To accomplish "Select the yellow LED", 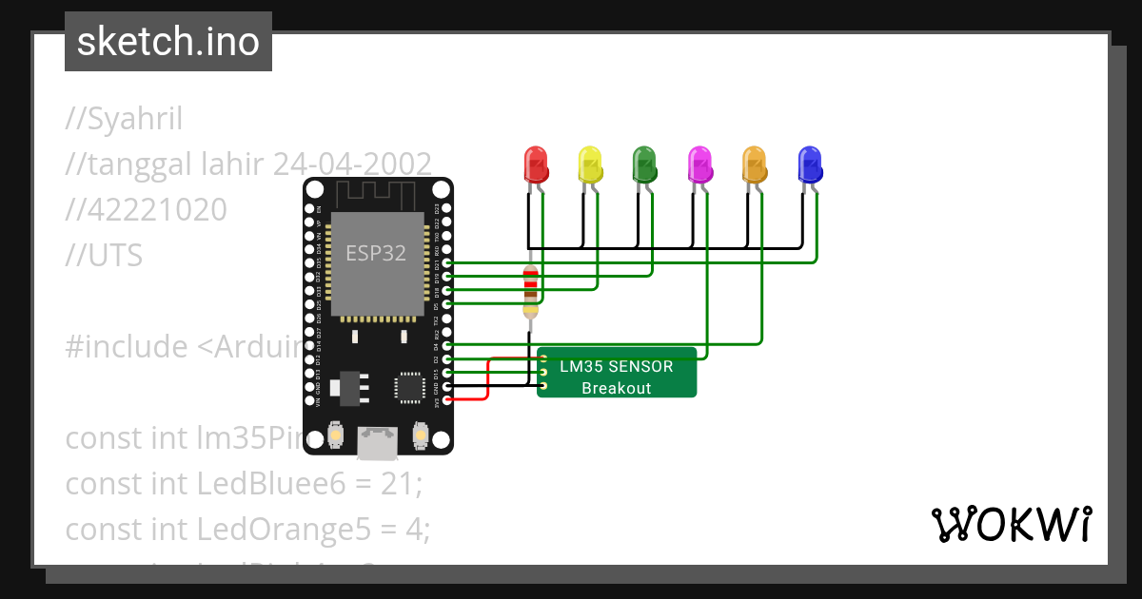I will (x=591, y=165).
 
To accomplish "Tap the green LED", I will (x=645, y=165).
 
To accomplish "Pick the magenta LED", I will (x=700, y=165).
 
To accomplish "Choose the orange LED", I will (x=755, y=165).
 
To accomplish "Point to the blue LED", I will (x=810, y=165).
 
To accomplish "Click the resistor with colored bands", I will (x=530, y=291).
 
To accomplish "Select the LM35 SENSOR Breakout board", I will (x=617, y=377).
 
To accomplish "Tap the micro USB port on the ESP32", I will (x=378, y=441).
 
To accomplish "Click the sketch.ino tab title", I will (x=167, y=42).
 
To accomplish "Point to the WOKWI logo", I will (x=1011, y=525).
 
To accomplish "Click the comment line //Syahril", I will (x=124, y=120).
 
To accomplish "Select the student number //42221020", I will (x=146, y=209).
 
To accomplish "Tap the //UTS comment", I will (x=104, y=254).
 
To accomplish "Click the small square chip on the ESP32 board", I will (x=410, y=386).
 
